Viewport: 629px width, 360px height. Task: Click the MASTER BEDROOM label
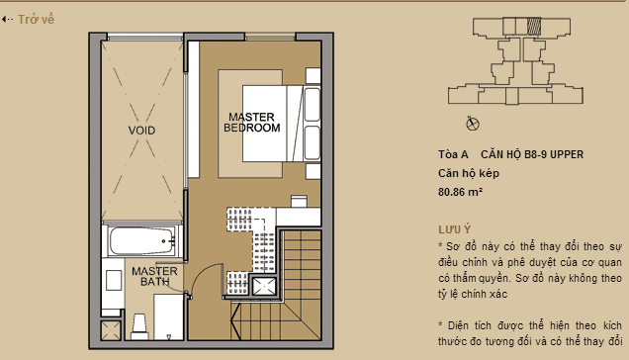click(x=251, y=122)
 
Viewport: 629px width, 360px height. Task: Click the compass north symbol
click(x=472, y=123)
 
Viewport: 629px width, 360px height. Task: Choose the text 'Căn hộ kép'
click(x=469, y=173)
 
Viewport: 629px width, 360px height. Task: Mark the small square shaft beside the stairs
click(x=264, y=287)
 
